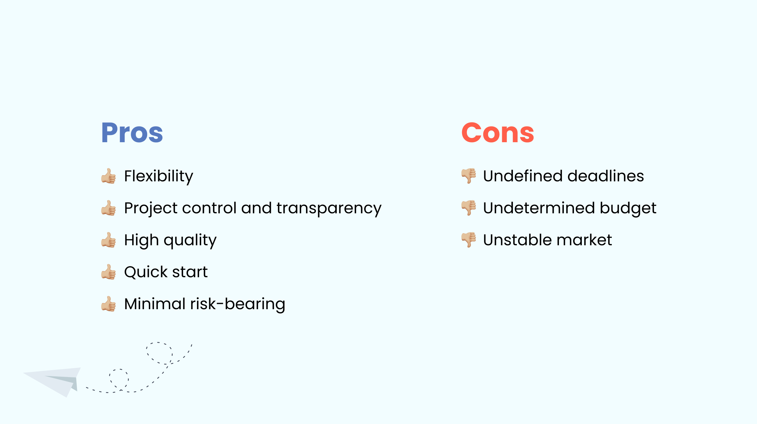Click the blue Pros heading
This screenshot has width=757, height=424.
(x=132, y=133)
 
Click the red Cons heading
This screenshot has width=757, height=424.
(x=498, y=133)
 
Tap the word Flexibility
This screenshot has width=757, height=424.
(x=159, y=176)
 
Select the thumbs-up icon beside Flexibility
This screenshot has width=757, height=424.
(x=108, y=176)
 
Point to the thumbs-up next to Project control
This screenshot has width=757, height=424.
(x=108, y=208)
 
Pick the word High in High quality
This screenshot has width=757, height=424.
(x=142, y=240)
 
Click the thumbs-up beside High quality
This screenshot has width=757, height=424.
(x=108, y=240)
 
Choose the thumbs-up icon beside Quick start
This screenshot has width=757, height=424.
(x=108, y=272)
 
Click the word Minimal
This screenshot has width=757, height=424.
(x=155, y=304)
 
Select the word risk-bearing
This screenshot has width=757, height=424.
(x=238, y=304)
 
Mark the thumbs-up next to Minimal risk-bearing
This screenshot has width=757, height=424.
(x=108, y=304)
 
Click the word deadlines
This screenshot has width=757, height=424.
(x=606, y=176)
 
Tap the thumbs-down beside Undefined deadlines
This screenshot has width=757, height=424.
(x=469, y=176)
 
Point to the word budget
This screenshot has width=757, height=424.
(x=628, y=208)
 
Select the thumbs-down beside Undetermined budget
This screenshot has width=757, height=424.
(x=469, y=208)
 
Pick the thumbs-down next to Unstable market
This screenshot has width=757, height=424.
(x=469, y=240)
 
